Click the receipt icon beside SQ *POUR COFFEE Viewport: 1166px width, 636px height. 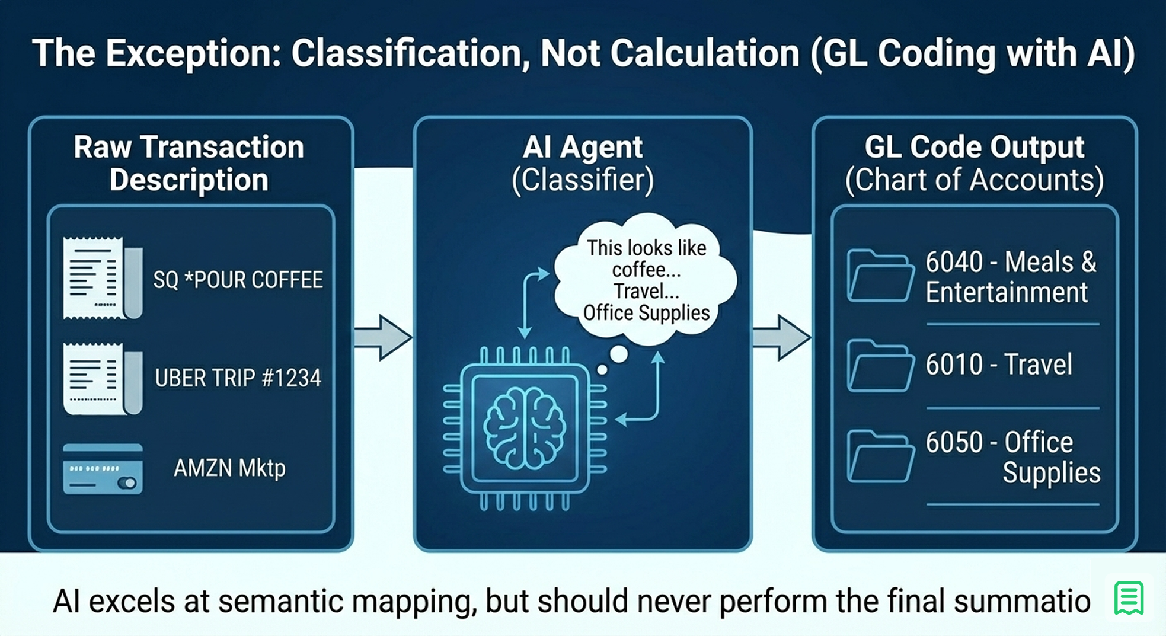click(102, 278)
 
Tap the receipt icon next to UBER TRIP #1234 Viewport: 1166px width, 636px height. click(102, 379)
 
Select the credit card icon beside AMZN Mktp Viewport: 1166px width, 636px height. click(103, 469)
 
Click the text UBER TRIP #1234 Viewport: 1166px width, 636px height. click(238, 378)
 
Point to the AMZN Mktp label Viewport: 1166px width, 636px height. click(229, 468)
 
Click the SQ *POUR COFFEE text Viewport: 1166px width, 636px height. click(238, 280)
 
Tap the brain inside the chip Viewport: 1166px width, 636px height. click(525, 429)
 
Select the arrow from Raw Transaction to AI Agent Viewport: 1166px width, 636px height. click(383, 337)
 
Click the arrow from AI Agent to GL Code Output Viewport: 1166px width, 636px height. click(781, 337)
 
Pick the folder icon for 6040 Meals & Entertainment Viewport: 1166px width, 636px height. click(880, 276)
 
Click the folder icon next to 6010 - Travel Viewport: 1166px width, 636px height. click(880, 366)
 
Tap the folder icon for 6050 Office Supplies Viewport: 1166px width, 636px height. click(880, 456)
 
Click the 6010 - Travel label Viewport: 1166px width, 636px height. click(999, 365)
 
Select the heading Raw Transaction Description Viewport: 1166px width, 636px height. click(189, 163)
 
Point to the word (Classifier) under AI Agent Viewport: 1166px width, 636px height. click(583, 180)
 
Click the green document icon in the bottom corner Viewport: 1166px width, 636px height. click(1129, 598)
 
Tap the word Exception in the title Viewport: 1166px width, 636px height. click(192, 53)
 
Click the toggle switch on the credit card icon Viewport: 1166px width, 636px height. click(127, 483)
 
